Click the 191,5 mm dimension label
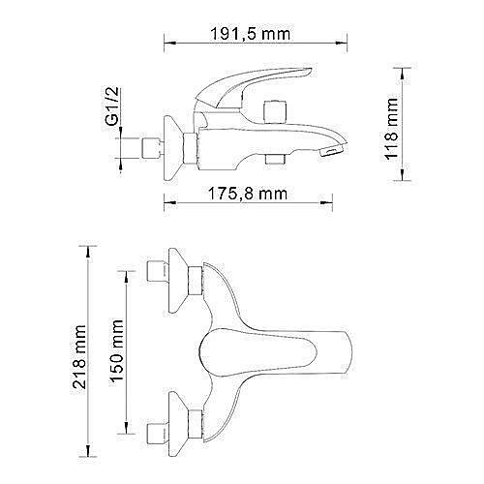click(x=251, y=34)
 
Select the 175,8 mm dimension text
click(x=248, y=194)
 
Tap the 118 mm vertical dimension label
click(x=392, y=129)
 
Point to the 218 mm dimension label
click(x=79, y=356)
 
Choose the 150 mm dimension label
click(x=117, y=350)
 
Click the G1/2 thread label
click(x=111, y=106)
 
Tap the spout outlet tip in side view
click(x=332, y=150)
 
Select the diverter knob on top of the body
click(x=275, y=111)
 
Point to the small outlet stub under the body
click(x=275, y=159)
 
